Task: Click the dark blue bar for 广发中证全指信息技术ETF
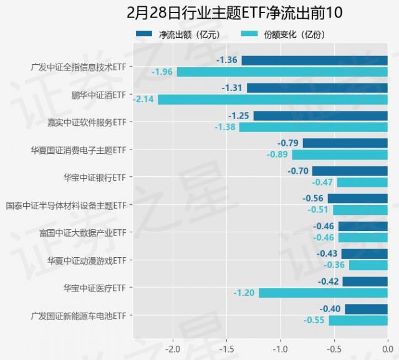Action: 314,60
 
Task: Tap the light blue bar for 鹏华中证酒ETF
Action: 272,99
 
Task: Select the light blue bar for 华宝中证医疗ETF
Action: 323,293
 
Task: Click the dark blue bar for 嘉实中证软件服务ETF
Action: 320,116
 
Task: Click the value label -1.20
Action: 244,293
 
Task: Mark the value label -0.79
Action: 288,143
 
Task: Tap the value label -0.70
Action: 298,171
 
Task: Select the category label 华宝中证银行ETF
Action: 94,177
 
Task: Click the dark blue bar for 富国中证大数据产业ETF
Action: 363,226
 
